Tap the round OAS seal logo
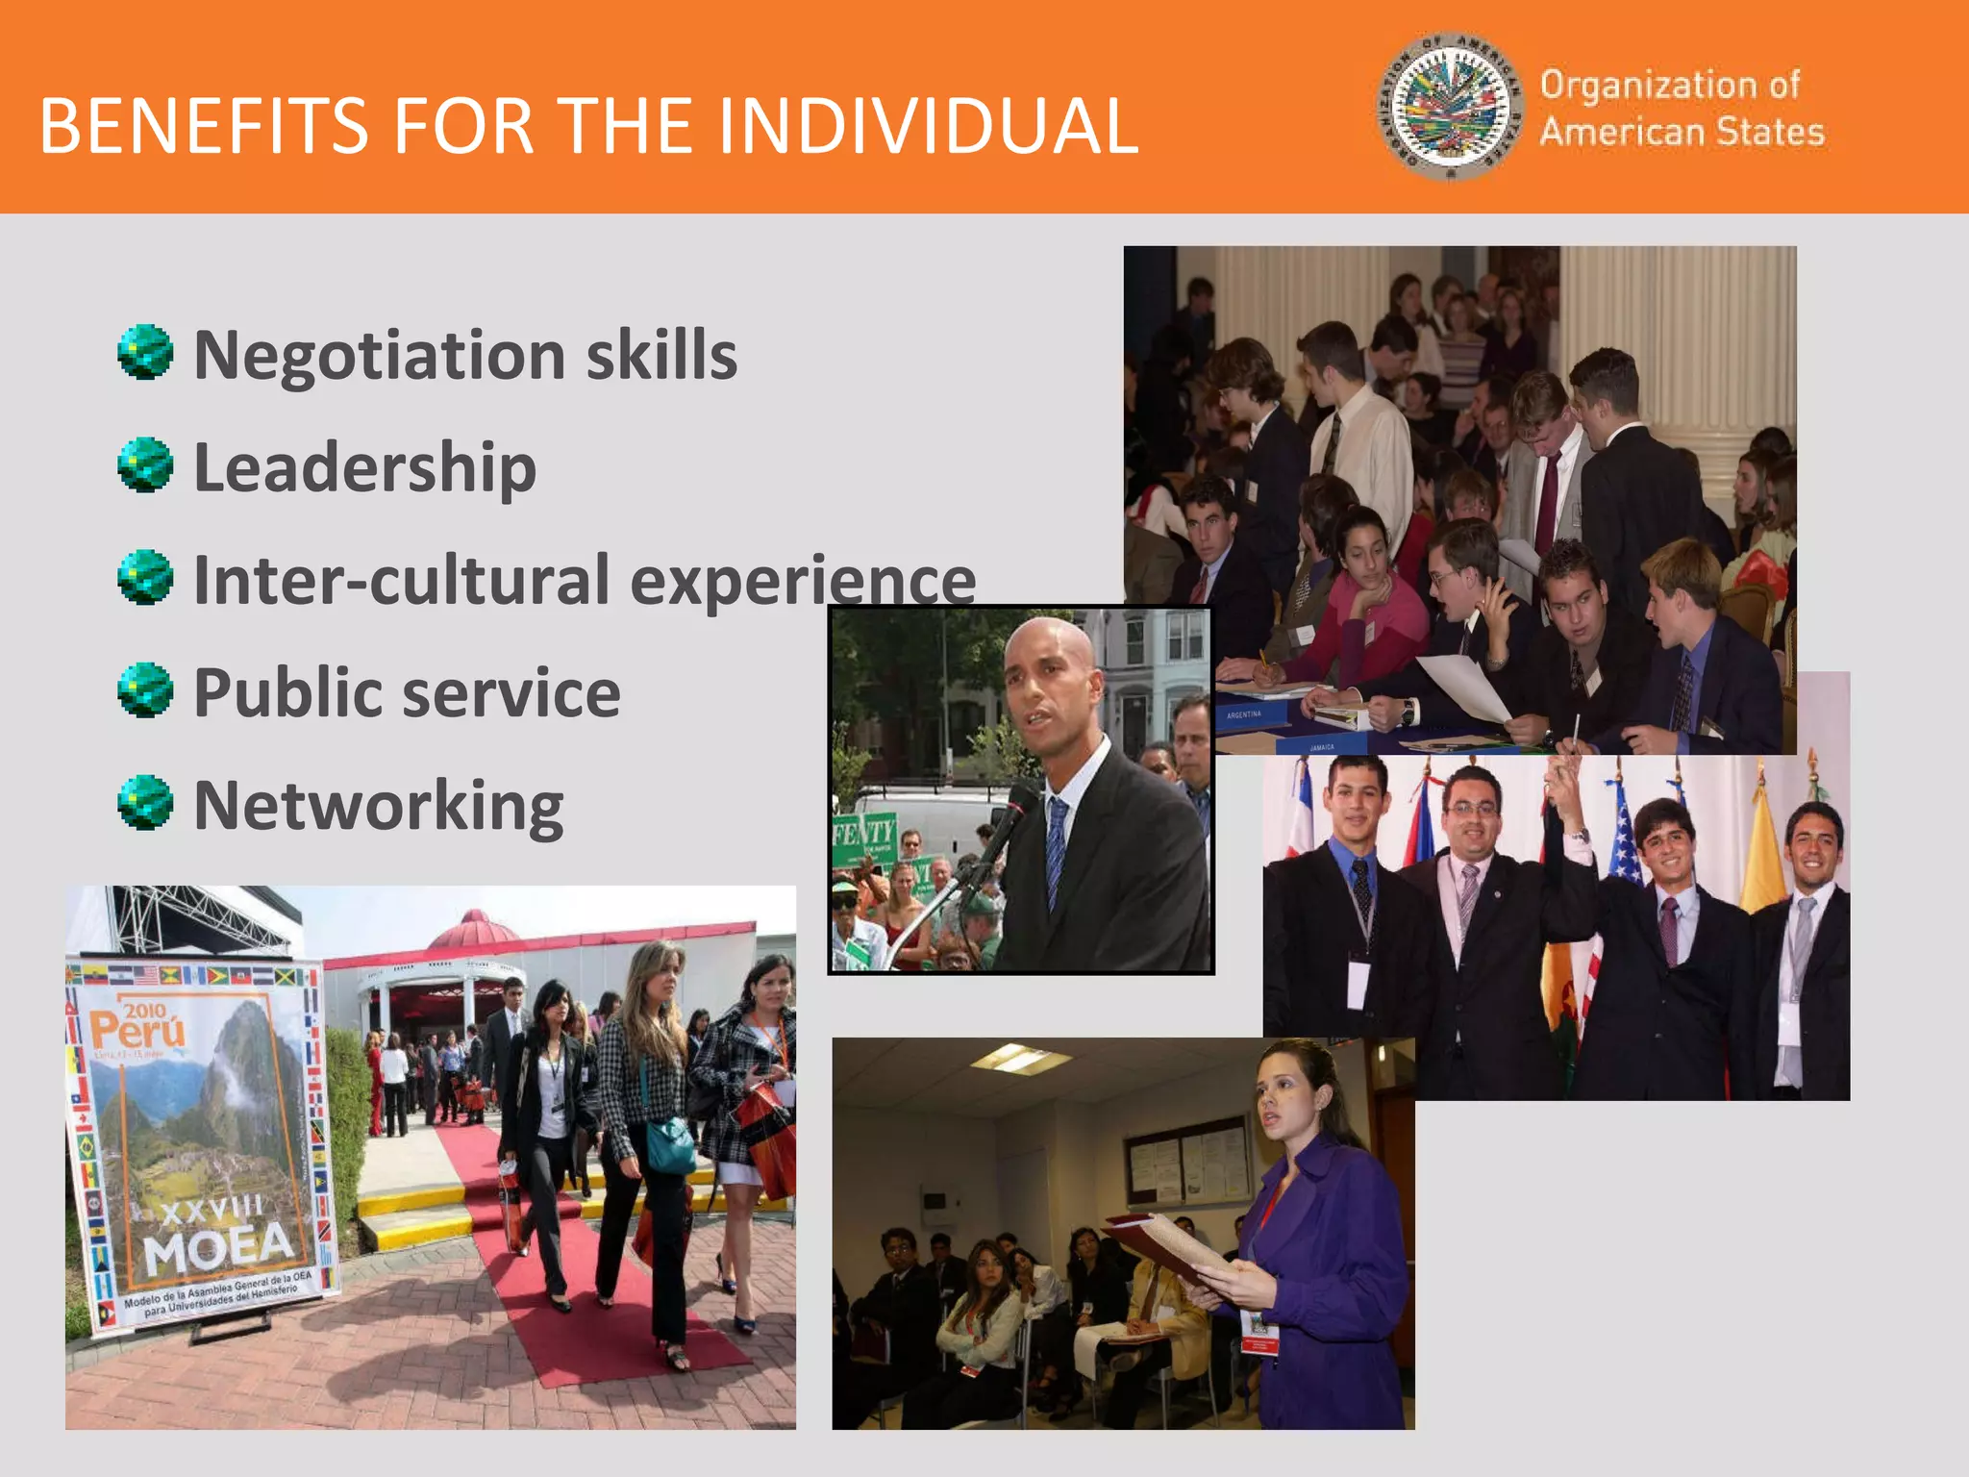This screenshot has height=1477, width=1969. pos(1451,106)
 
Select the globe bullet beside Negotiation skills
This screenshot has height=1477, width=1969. pos(145,353)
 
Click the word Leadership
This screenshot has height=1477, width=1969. pos(364,467)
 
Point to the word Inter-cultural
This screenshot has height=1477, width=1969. pos(401,580)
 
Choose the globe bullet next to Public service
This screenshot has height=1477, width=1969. pos(145,690)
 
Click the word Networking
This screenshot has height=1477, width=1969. pos(379,806)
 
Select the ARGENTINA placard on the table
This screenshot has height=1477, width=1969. pos(1244,714)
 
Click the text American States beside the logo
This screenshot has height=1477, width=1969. pos(1682,132)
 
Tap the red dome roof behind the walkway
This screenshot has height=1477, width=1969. pos(475,928)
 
